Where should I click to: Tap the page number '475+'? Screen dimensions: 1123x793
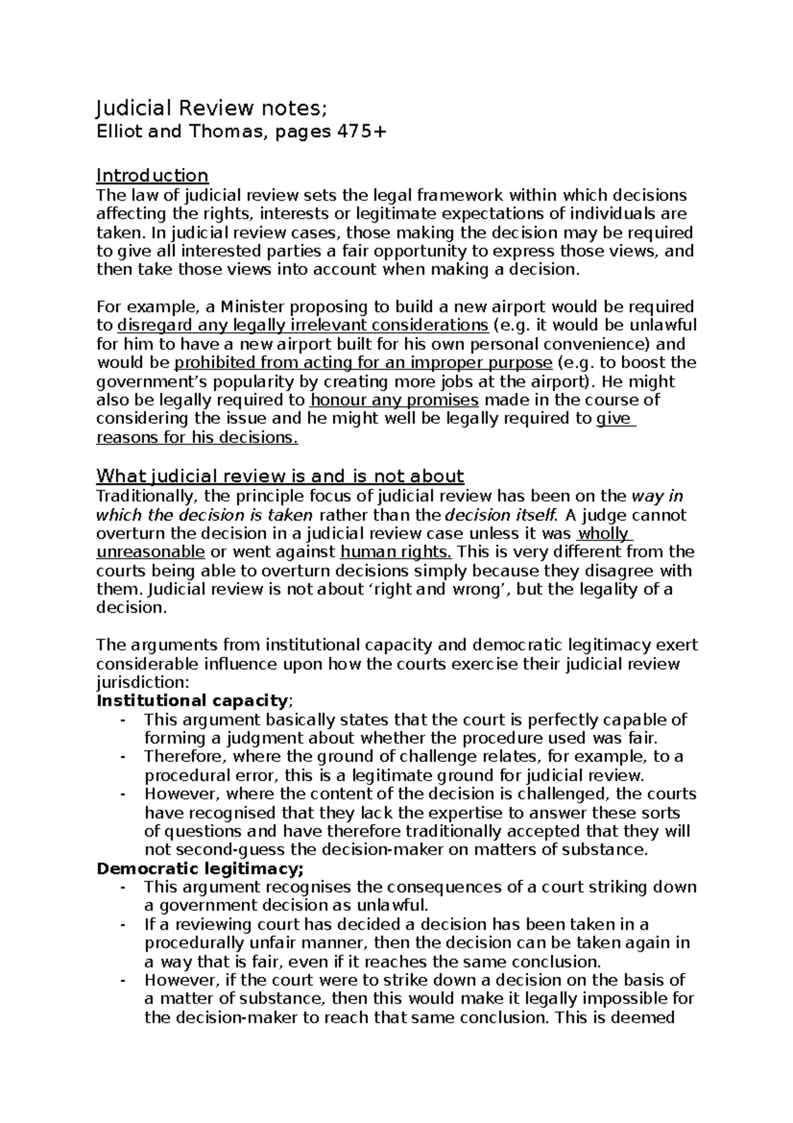point(361,132)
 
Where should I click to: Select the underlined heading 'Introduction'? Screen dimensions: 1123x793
point(152,176)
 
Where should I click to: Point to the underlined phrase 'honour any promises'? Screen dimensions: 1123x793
point(394,400)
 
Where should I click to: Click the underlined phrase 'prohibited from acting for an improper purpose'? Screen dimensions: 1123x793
point(363,363)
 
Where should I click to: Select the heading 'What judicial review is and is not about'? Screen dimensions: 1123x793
point(280,476)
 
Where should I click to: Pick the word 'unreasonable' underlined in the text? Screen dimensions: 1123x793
point(151,552)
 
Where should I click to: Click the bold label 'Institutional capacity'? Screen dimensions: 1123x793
point(192,700)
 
